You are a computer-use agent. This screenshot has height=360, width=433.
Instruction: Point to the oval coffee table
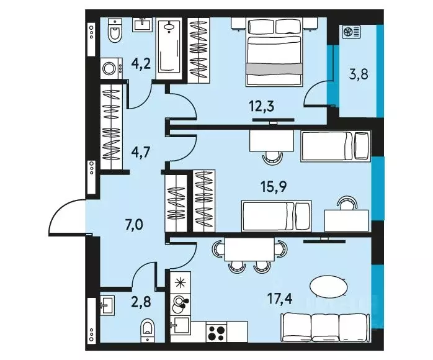(328, 287)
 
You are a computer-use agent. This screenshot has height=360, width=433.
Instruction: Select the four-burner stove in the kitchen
(218, 331)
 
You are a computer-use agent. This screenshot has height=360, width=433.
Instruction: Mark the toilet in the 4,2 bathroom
(115, 29)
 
